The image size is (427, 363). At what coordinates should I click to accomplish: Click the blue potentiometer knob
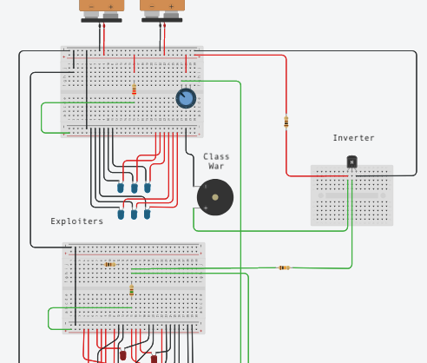(x=186, y=98)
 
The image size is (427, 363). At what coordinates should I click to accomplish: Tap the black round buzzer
(x=215, y=197)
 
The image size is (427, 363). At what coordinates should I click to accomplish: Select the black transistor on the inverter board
(x=351, y=162)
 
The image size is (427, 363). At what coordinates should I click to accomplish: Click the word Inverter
(x=353, y=138)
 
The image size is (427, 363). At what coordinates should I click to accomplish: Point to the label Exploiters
(x=76, y=221)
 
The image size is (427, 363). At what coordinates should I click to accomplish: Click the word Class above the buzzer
(x=216, y=156)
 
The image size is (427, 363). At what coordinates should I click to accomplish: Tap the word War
(x=216, y=166)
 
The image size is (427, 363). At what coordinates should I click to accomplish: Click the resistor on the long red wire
(x=286, y=122)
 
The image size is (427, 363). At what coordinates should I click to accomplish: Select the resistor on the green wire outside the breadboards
(x=285, y=267)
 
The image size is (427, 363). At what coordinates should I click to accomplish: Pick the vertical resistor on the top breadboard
(x=134, y=89)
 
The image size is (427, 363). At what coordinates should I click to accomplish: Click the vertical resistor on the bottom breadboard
(x=132, y=290)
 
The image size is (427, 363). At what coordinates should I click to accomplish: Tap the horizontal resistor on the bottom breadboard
(x=110, y=264)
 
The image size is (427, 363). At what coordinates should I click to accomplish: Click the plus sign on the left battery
(x=110, y=6)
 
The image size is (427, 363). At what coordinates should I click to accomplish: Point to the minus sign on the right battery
(x=152, y=6)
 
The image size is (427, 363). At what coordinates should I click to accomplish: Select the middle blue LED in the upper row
(x=135, y=188)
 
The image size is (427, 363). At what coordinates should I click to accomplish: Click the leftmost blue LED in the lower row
(x=121, y=214)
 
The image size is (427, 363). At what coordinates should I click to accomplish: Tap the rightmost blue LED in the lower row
(x=147, y=214)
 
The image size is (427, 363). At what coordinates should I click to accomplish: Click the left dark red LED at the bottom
(x=123, y=355)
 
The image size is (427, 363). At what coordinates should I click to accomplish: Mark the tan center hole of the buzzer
(x=215, y=197)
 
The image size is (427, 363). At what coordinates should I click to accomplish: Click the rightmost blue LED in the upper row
(x=148, y=188)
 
